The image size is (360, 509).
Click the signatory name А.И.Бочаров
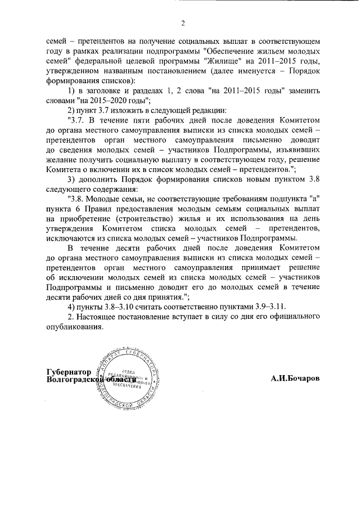295,379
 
